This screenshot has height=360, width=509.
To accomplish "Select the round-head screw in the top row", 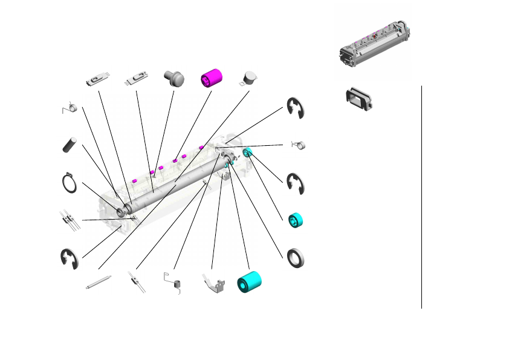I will click(173, 79).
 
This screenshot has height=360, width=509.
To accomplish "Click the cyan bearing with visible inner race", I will click(295, 220).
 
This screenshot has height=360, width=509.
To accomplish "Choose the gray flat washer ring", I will click(296, 258).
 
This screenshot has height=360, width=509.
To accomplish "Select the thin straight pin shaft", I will click(98, 283).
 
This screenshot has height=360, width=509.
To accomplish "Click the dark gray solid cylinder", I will click(71, 145).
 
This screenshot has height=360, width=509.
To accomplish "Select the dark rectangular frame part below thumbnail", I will click(358, 99).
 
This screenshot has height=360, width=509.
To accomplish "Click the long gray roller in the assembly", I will click(175, 182).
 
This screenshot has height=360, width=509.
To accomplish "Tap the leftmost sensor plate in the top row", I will click(98, 79).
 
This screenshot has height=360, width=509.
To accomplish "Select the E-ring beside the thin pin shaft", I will click(70, 258).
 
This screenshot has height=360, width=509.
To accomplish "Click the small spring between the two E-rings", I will click(300, 145).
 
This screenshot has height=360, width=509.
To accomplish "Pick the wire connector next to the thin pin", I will click(136, 282).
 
